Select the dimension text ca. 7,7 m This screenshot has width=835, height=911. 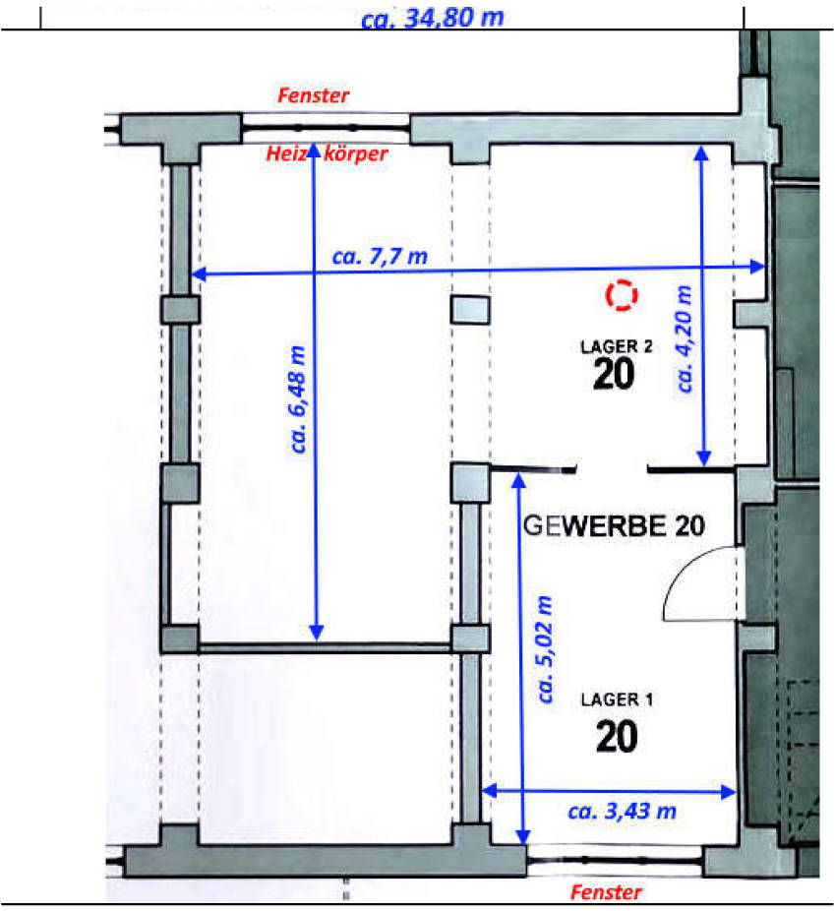coord(380,257)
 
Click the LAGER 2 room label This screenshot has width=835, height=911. coord(617,345)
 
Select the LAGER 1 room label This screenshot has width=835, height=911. coord(617,700)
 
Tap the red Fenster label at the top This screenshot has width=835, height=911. coord(314,95)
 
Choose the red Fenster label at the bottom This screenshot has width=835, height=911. coord(606,892)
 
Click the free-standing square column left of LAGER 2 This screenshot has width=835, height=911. coord(469,309)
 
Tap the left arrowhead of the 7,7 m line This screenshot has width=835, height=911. coord(197,275)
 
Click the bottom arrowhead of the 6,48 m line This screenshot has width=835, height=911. coord(317,635)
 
